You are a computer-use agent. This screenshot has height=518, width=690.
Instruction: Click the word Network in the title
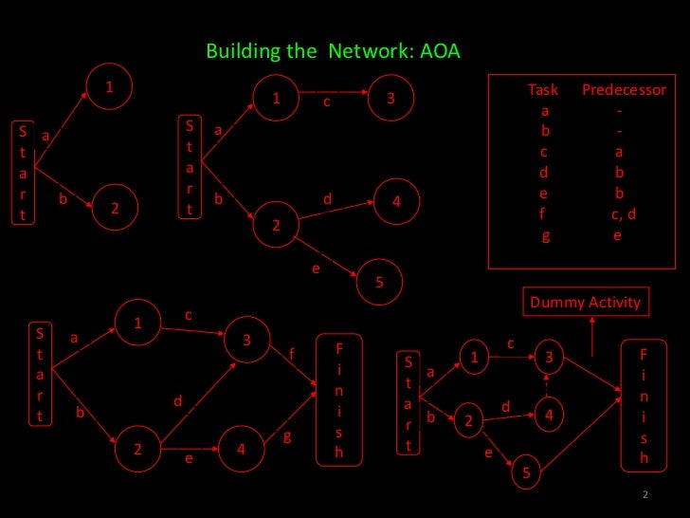pyautogui.click(x=368, y=50)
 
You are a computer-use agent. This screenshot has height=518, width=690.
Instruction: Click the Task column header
pyautogui.click(x=543, y=90)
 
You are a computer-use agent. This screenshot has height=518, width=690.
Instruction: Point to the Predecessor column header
pyautogui.click(x=624, y=90)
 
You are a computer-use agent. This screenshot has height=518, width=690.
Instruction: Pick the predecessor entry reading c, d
pyautogui.click(x=623, y=213)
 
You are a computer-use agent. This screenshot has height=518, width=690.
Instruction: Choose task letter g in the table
pyautogui.click(x=545, y=236)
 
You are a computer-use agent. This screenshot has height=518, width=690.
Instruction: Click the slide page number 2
pyautogui.click(x=645, y=494)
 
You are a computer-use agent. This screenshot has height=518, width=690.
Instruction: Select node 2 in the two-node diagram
pyautogui.click(x=115, y=208)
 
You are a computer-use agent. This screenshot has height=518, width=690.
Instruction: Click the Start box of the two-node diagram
pyautogui.click(x=23, y=172)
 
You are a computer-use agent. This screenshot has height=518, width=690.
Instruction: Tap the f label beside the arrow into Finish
pyautogui.click(x=292, y=354)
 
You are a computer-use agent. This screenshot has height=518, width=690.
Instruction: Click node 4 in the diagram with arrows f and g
pyautogui.click(x=242, y=451)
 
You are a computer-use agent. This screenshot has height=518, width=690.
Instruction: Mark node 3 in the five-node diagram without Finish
pyautogui.click(x=390, y=99)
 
